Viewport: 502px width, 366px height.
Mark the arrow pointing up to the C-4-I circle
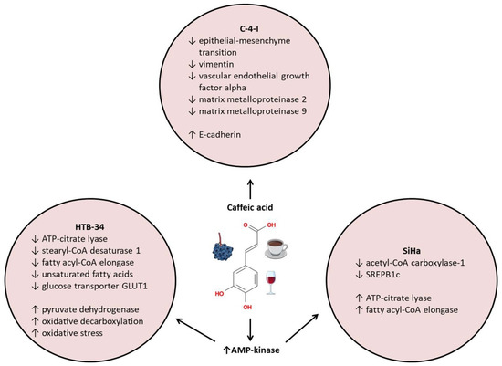(251, 184)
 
